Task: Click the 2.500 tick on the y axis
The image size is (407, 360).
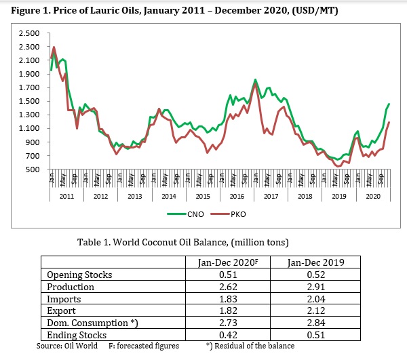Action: [x=28, y=33]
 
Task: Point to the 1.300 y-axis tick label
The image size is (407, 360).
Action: [x=28, y=115]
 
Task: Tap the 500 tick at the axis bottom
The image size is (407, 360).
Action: [x=33, y=169]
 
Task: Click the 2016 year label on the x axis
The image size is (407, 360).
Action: [x=237, y=196]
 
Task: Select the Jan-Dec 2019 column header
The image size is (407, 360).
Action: [x=314, y=262]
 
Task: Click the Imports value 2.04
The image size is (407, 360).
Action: [x=313, y=298]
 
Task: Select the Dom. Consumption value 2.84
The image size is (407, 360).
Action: [x=313, y=323]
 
